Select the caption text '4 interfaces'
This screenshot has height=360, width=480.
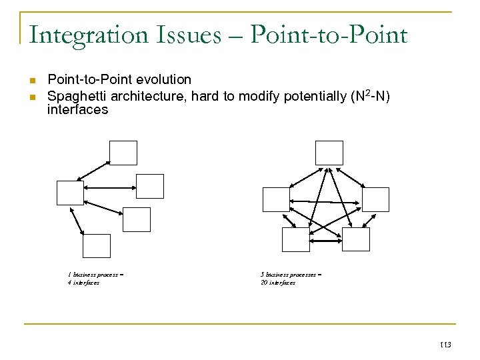pos(83,283)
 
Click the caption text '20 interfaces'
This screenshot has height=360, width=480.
pos(277,283)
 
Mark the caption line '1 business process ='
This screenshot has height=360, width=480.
pos(95,274)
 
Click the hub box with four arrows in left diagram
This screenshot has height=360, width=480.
pos(70,193)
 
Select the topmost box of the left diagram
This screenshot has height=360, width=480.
pos(123,153)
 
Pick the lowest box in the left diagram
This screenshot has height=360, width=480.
pos(97,246)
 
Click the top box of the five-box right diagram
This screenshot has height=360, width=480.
pos(329,153)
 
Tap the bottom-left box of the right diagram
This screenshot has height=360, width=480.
pos(296,239)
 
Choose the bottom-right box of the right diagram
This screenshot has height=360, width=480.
pos(355,239)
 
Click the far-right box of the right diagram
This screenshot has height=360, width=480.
pos(375,199)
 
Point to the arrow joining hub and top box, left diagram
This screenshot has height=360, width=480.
pos(94,170)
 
